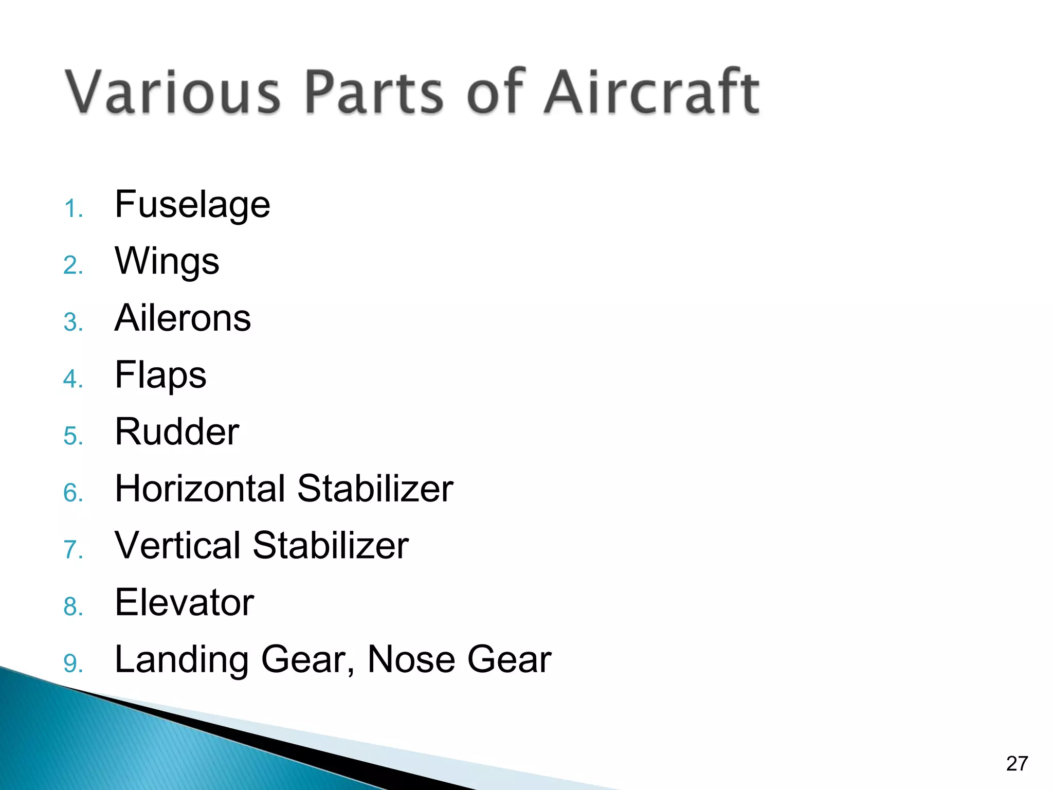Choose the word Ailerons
(x=183, y=318)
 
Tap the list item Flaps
(x=160, y=376)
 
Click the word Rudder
(x=177, y=432)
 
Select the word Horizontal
(x=199, y=489)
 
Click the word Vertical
(x=177, y=546)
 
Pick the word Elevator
(x=184, y=603)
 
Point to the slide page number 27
(x=1016, y=764)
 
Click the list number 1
(x=73, y=209)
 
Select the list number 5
(x=73, y=436)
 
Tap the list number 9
(x=73, y=663)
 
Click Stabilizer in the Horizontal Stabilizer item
(x=375, y=489)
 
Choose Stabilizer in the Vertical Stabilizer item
(x=331, y=546)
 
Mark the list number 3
(x=73, y=323)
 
